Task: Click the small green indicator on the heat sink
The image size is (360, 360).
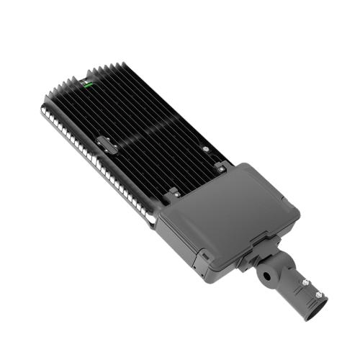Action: [88, 84]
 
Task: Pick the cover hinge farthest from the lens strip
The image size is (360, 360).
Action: [220, 168]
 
